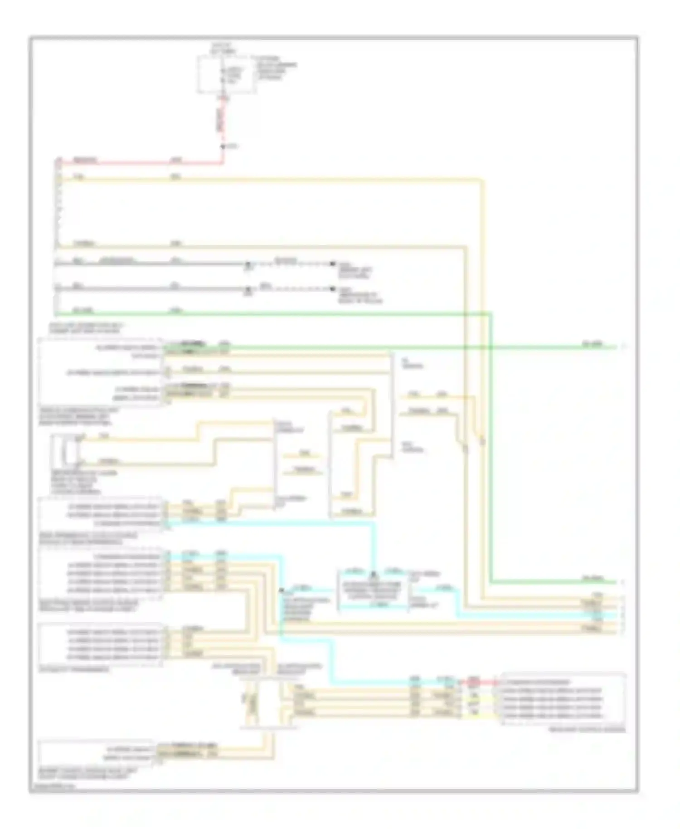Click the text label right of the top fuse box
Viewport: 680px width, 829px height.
(x=276, y=68)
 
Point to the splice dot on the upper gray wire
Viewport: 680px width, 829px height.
(x=248, y=263)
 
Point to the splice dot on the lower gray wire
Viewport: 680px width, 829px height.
(x=248, y=288)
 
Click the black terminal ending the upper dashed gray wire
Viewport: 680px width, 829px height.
(x=332, y=263)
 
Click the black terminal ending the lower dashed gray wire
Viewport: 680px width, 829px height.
(x=332, y=288)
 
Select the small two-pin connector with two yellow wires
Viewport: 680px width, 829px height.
(x=65, y=450)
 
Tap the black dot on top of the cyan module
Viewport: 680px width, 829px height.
(x=373, y=575)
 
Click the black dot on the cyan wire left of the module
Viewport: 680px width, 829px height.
(x=282, y=590)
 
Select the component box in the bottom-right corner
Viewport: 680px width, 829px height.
(x=563, y=699)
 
